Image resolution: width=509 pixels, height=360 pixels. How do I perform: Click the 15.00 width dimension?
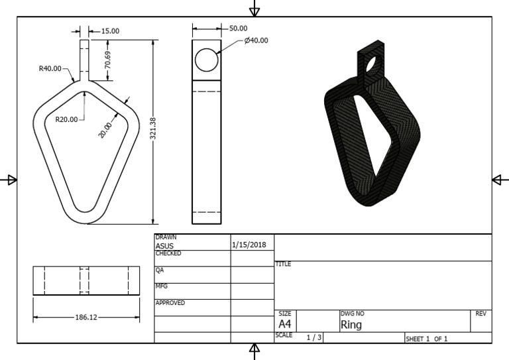[x=109, y=30]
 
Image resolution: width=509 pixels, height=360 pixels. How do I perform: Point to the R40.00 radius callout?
[x=50, y=68]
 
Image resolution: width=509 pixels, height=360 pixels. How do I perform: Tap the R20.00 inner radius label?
[x=66, y=119]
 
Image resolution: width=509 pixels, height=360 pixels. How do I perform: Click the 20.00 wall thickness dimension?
[x=105, y=129]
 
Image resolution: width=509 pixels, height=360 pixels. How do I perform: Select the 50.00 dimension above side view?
[x=238, y=29]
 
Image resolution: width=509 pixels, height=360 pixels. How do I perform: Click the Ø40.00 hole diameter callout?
[x=256, y=40]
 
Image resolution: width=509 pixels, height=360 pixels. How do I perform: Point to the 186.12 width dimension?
[x=86, y=318]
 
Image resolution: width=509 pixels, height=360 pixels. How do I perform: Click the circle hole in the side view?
[x=207, y=60]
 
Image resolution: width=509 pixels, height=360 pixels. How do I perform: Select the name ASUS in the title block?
[x=164, y=245]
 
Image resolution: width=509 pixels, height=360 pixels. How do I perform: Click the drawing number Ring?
[x=351, y=325]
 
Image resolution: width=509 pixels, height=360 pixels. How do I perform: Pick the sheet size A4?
[x=284, y=324]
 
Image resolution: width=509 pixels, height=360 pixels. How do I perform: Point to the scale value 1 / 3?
[x=314, y=337]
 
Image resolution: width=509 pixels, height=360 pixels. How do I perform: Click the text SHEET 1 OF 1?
[x=427, y=339]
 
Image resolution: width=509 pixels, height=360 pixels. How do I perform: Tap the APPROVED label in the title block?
[x=170, y=303]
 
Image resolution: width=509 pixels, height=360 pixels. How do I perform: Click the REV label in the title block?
[x=481, y=313]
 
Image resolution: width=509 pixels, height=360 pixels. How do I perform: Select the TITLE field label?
[x=283, y=264]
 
